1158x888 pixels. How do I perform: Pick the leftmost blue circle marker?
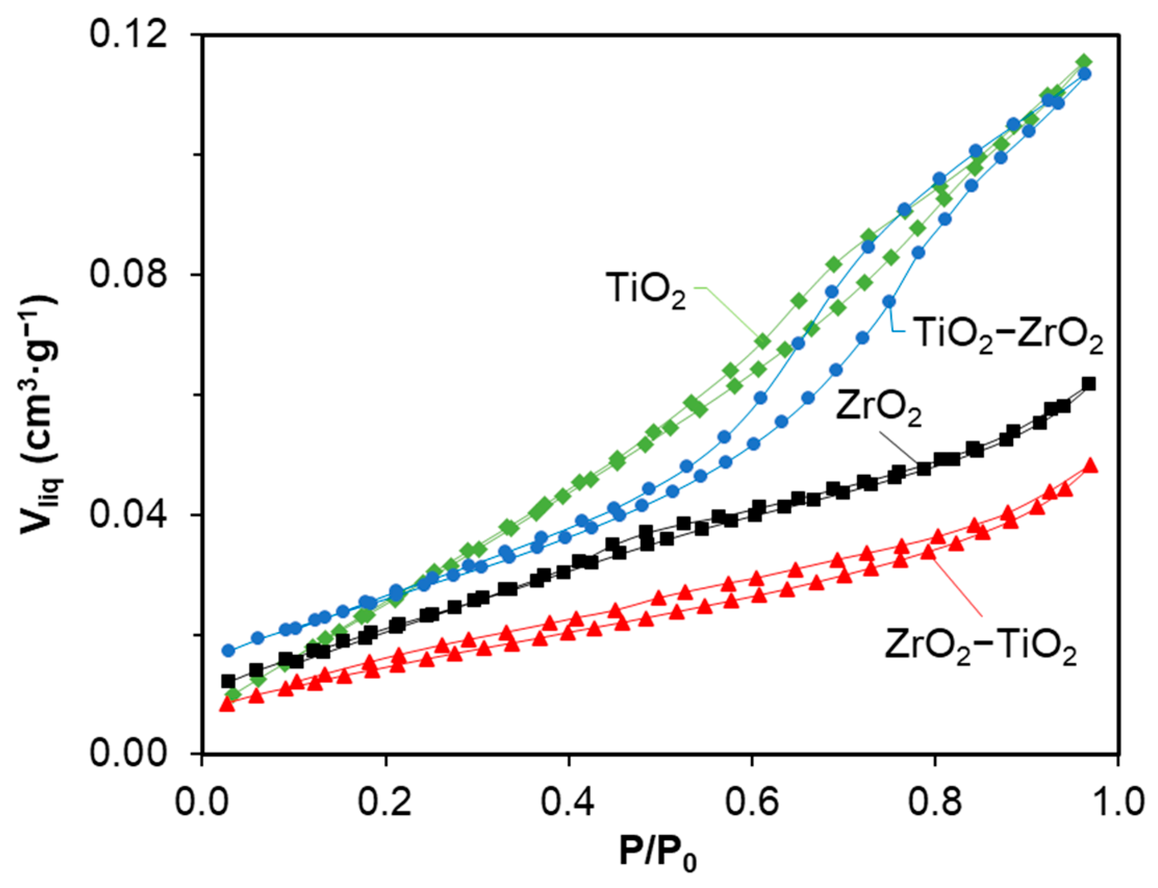pos(228,650)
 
